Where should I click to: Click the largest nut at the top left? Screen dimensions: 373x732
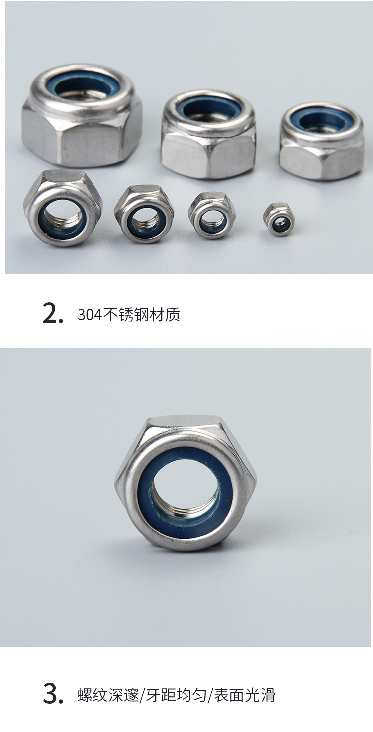pos(82,114)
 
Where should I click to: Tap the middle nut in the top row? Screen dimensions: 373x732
pos(208,134)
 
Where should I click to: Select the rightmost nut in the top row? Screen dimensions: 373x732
pos(322,141)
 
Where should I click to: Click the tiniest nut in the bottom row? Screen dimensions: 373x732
pos(279,219)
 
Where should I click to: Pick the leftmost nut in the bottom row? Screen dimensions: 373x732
pos(63,208)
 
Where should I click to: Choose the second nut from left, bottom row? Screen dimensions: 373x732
pos(144,214)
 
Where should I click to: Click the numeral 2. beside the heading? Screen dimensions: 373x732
pos(53,314)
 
